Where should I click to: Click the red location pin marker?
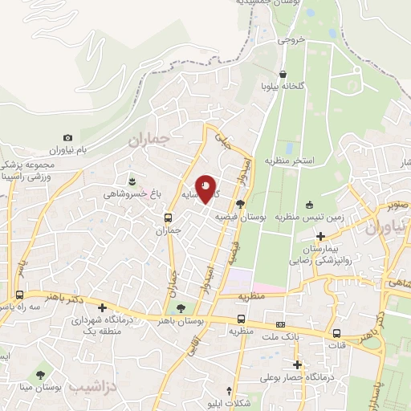(206, 189)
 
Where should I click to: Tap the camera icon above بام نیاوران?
(67, 138)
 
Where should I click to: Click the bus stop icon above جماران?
(168, 218)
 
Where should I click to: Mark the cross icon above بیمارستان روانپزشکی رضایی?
(321, 237)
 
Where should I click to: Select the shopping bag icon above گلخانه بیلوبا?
(282, 74)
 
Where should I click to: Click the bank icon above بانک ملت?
(279, 324)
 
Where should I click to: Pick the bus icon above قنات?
(336, 333)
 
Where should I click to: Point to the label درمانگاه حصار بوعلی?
(296, 377)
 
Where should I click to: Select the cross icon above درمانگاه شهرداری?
(102, 307)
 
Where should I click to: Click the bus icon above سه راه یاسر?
(19, 294)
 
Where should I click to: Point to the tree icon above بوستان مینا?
(41, 374)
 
